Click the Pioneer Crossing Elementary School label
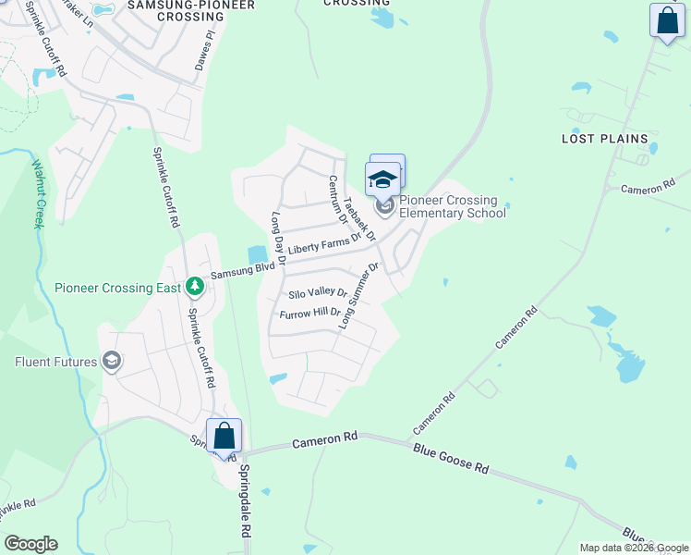[453, 207]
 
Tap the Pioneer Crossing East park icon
[194, 288]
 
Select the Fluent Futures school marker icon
[112, 361]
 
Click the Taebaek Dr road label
[359, 219]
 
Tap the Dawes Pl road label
[204, 52]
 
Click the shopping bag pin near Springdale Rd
[224, 436]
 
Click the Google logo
[30, 544]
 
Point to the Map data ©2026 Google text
[633, 548]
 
